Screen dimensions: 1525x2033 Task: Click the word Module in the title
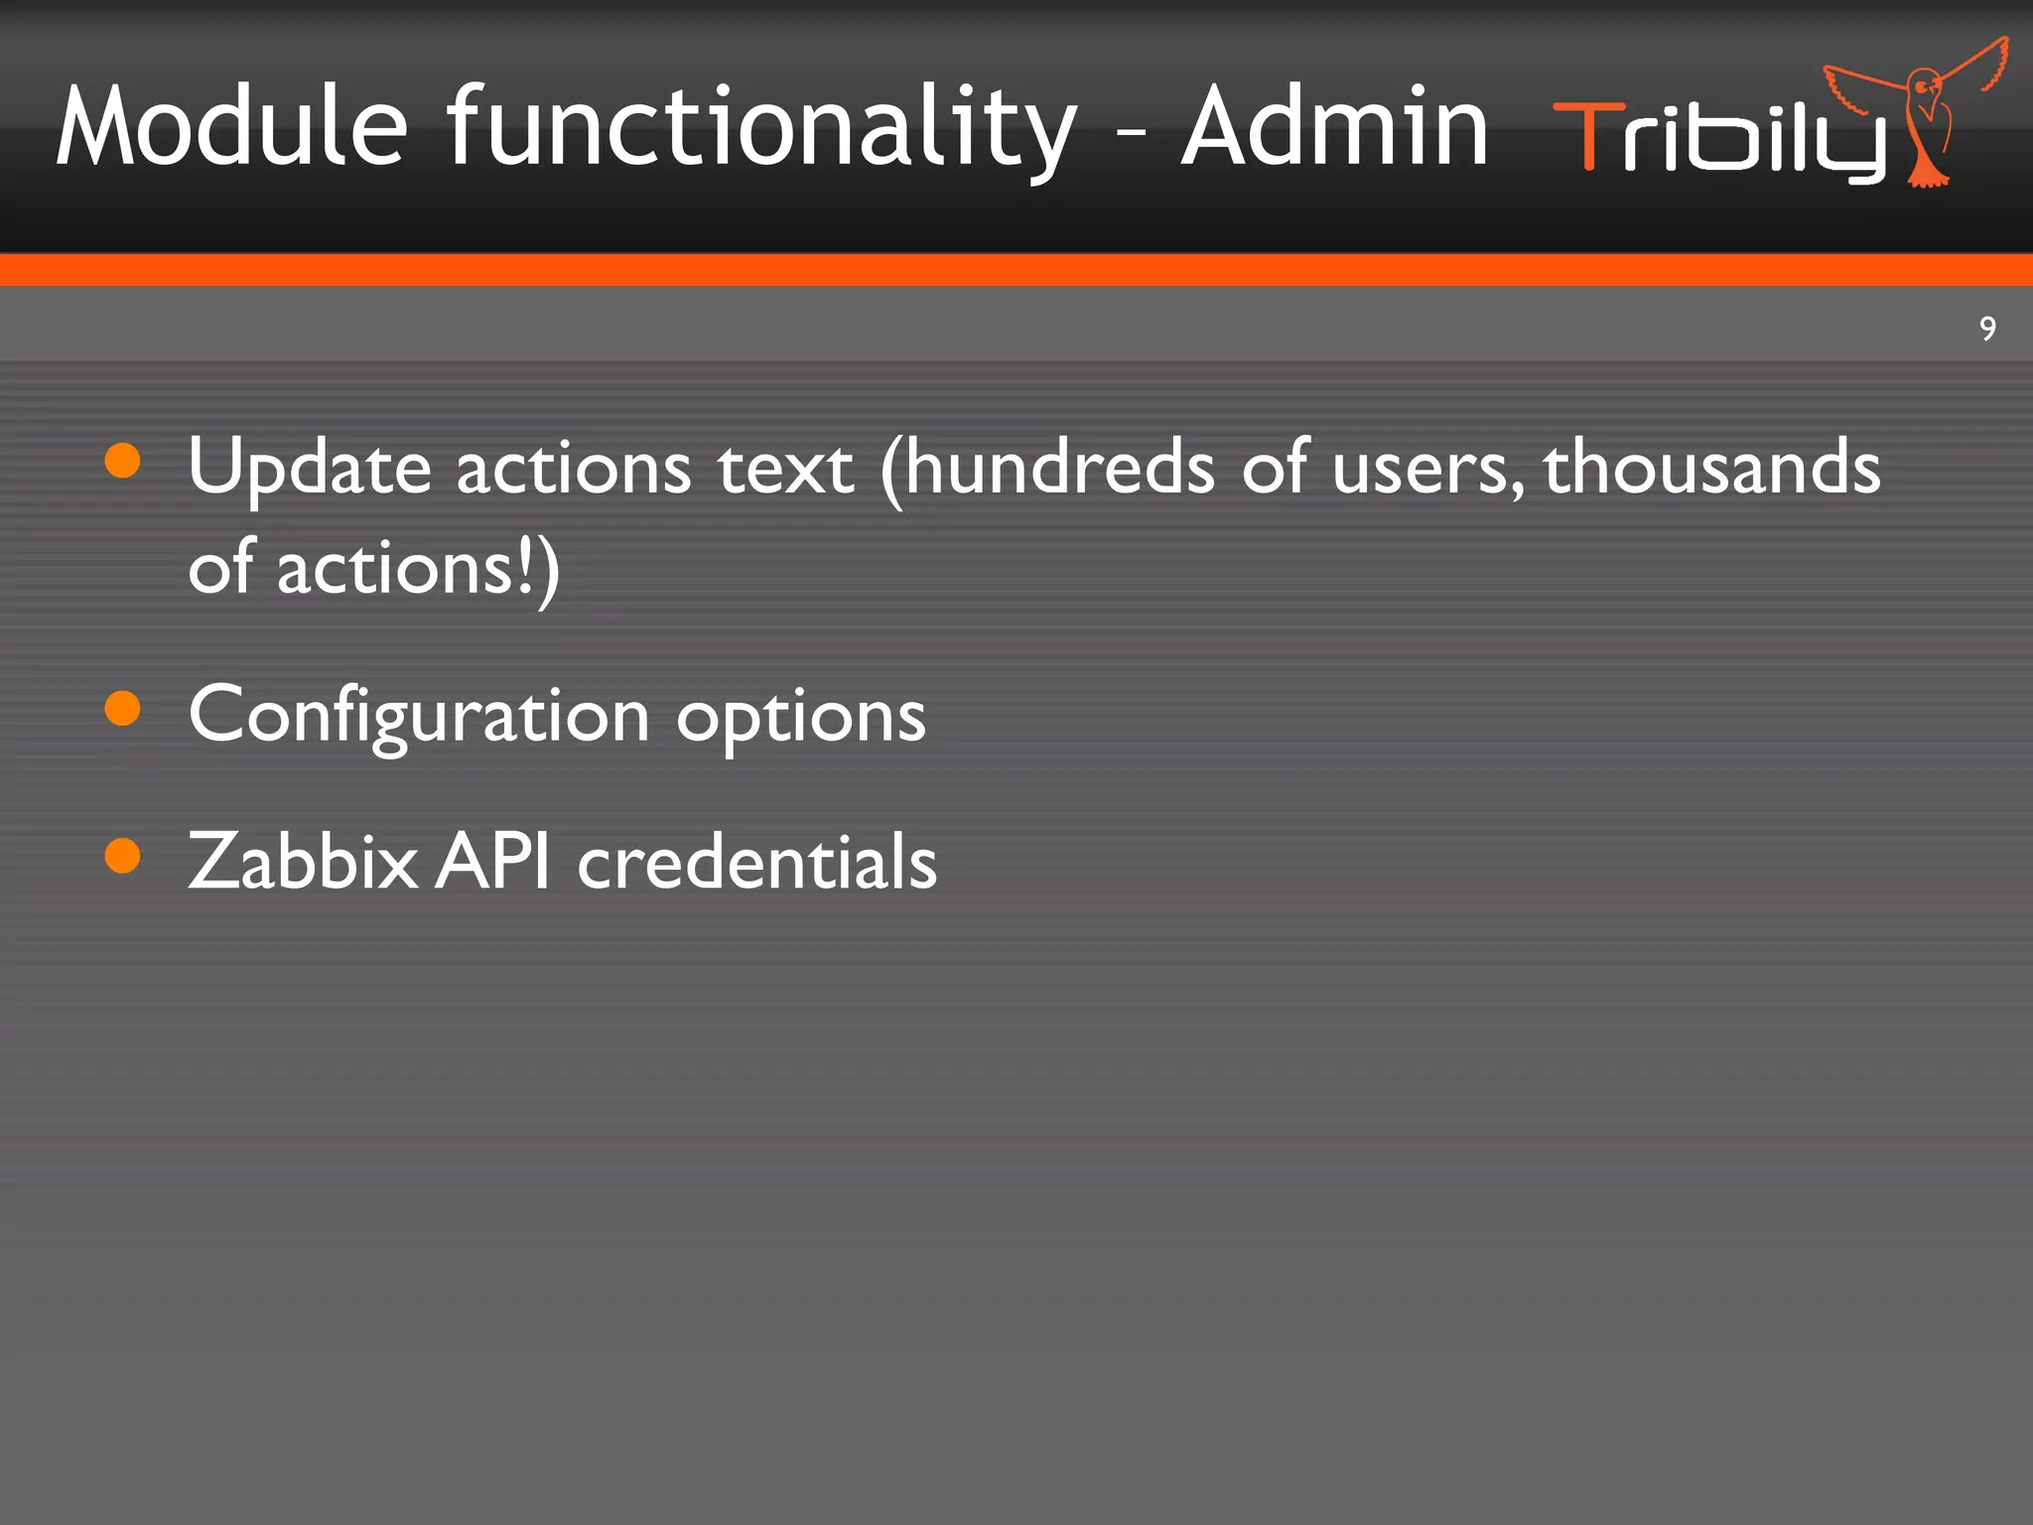coord(231,127)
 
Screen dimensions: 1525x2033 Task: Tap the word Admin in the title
coord(1335,127)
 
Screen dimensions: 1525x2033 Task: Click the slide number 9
coord(1987,329)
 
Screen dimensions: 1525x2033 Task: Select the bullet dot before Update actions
coord(122,461)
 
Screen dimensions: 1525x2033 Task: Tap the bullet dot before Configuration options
coord(122,708)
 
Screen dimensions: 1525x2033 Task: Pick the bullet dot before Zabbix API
coord(122,855)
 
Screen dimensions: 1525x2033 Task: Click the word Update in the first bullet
coord(309,467)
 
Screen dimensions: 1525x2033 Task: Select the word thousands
coord(1711,467)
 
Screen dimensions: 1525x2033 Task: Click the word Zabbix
coord(303,860)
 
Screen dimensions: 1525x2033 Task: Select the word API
coord(493,860)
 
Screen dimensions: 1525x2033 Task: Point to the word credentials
coord(756,860)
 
